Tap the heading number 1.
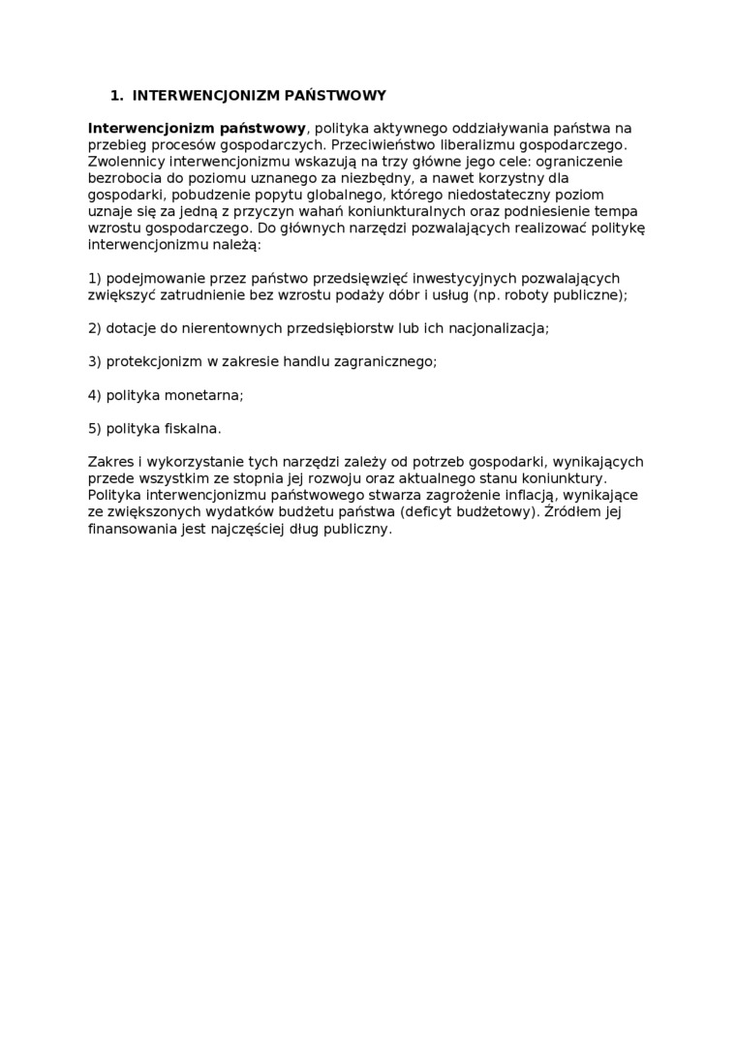coord(116,96)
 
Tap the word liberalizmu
coord(476,144)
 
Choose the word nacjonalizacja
coord(498,328)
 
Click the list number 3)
coord(95,361)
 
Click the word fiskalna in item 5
coord(191,428)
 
